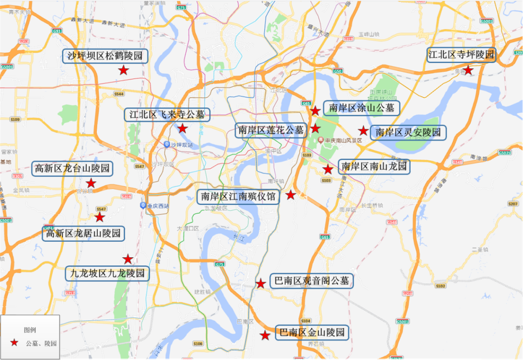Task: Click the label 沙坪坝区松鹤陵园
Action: click(105, 56)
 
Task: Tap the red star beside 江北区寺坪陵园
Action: click(468, 70)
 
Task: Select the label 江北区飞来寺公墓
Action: click(167, 115)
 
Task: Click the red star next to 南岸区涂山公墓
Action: click(315, 110)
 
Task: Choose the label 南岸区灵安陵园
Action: click(408, 132)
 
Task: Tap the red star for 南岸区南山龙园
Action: click(328, 169)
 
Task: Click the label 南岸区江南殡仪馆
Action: click(238, 196)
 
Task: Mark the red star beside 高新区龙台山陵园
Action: click(91, 183)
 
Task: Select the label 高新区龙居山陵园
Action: click(83, 234)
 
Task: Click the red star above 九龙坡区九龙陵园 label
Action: click(128, 259)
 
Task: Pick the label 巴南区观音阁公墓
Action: click(311, 281)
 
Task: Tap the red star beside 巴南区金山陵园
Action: click(265, 335)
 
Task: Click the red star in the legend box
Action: click(14, 343)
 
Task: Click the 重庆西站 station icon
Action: click(143, 205)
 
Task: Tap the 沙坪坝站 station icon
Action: click(167, 144)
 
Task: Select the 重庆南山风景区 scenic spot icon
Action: click(320, 140)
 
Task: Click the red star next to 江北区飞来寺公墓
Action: click(183, 128)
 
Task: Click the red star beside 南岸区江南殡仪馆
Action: click(291, 195)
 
